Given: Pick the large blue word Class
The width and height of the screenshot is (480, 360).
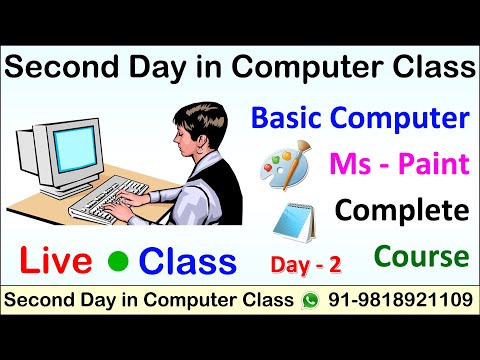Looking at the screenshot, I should pyautogui.click(x=188, y=262).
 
